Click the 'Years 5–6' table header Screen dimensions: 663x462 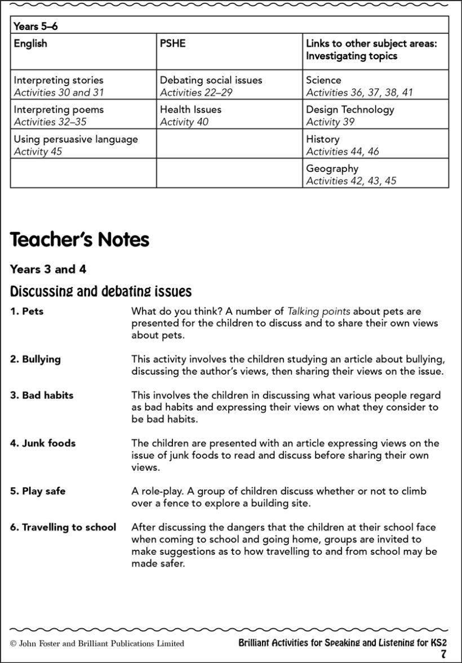pyautogui.click(x=35, y=26)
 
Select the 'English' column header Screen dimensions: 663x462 pyautogui.click(x=30, y=44)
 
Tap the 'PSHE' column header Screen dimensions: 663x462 pyautogui.click(x=172, y=44)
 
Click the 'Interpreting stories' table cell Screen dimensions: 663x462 pyautogui.click(x=59, y=81)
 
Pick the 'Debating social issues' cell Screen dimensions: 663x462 pyautogui.click(x=211, y=81)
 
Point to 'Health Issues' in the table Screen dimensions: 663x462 pyautogui.click(x=190, y=110)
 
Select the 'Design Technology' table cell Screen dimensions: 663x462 pyautogui.click(x=350, y=110)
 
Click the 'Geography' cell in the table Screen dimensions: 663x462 pyautogui.click(x=332, y=168)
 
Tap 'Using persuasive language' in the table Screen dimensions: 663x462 pyautogui.click(x=75, y=139)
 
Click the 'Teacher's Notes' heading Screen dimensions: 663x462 pyautogui.click(x=79, y=240)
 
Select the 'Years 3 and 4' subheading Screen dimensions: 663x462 pyautogui.click(x=48, y=269)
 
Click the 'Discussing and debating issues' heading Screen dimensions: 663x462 pyautogui.click(x=101, y=292)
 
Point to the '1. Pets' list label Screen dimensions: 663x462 pyautogui.click(x=26, y=312)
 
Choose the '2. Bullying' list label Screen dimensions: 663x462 pyautogui.click(x=35, y=359)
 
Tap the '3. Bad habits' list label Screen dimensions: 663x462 pyautogui.click(x=42, y=395)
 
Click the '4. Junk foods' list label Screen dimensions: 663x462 pyautogui.click(x=43, y=443)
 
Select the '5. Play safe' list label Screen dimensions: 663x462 pyautogui.click(x=38, y=491)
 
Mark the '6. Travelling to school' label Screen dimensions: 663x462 pyautogui.click(x=63, y=527)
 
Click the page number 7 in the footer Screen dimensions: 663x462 pyautogui.click(x=443, y=655)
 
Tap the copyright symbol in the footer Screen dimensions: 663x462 pyautogui.click(x=13, y=643)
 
